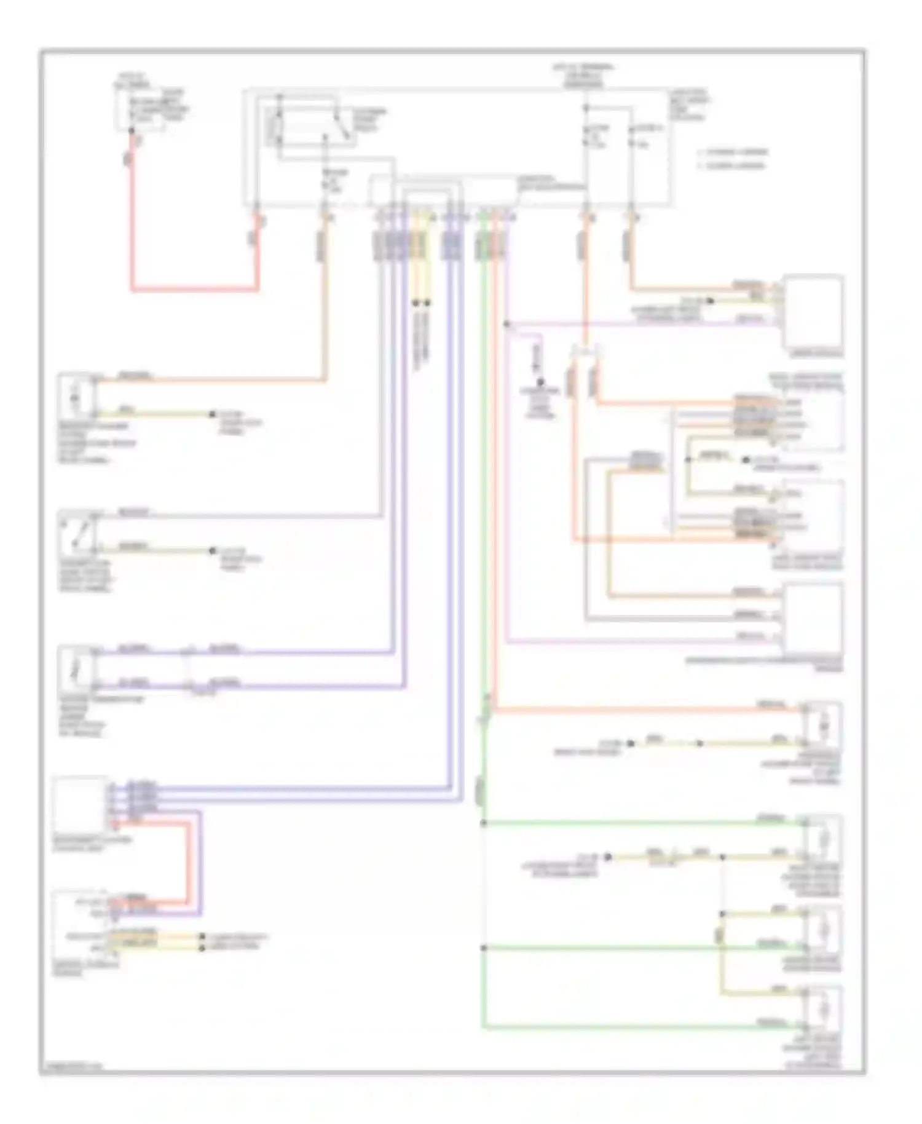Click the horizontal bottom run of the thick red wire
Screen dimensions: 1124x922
click(194, 288)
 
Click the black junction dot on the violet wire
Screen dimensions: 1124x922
click(506, 323)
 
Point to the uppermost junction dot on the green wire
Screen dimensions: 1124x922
click(484, 823)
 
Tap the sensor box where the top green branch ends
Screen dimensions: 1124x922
click(823, 839)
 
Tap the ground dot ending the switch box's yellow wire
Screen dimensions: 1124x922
click(213, 551)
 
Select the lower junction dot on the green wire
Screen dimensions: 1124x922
click(484, 948)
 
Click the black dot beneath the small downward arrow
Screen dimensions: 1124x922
click(540, 382)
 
